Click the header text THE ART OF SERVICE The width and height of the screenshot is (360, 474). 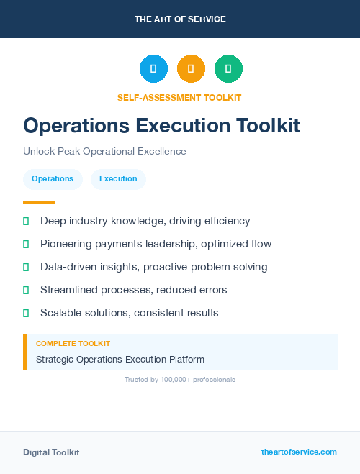pos(180,19)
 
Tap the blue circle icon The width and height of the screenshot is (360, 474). pos(153,68)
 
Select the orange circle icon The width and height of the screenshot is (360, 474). pos(191,68)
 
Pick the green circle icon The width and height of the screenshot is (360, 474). pos(228,68)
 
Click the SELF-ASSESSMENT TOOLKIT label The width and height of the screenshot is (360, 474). pos(179,97)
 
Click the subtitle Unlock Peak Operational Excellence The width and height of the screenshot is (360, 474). pos(104,151)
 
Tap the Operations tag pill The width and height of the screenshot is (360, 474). pos(53,179)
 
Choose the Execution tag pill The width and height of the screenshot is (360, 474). pos(118,179)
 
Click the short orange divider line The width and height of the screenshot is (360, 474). pos(39,202)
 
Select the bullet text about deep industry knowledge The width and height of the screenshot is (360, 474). pos(145,221)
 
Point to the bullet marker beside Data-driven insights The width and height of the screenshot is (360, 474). pos(26,267)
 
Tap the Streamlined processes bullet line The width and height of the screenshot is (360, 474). pos(133,290)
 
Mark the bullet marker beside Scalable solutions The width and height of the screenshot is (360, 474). pos(26,313)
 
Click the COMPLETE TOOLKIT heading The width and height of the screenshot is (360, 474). pos(73,344)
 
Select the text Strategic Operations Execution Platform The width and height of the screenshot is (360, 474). pos(120,360)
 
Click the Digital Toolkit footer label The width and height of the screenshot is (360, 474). pos(51,452)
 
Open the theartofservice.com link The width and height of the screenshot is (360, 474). pos(299,452)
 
